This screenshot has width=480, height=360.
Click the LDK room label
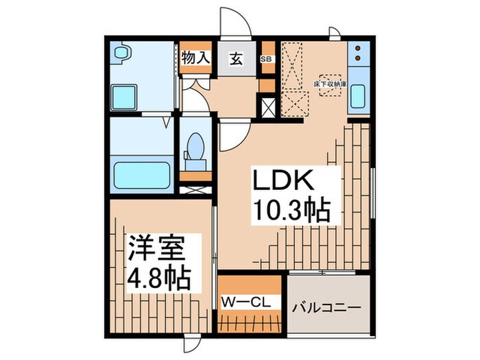(285, 182)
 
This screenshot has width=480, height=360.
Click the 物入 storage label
(195, 58)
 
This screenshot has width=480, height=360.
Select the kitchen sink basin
(358, 95)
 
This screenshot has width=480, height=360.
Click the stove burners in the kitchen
(358, 54)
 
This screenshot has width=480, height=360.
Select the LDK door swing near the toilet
(230, 134)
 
